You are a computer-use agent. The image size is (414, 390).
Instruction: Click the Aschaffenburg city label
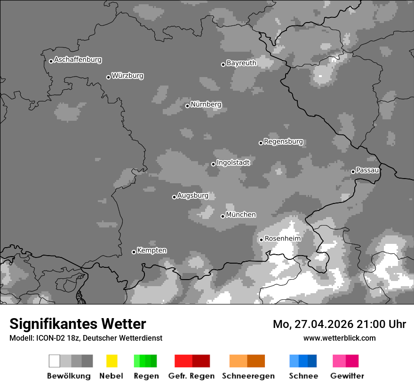[78, 60]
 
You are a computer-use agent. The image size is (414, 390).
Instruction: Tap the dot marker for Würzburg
[108, 77]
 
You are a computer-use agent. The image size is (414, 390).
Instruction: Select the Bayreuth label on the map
[241, 63]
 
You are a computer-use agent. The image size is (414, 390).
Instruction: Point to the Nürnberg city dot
[187, 106]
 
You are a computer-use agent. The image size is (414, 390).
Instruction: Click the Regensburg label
[283, 141]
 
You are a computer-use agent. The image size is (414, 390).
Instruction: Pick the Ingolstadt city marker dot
[213, 164]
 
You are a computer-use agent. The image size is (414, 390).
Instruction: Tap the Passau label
[367, 170]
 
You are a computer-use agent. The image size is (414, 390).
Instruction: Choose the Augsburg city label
[192, 195]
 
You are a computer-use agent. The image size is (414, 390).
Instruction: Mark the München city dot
[223, 216]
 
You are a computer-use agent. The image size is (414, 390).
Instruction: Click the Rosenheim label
[282, 238]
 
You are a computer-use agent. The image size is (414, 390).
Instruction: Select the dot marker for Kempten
[134, 252]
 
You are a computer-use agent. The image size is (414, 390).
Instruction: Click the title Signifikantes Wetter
[78, 324]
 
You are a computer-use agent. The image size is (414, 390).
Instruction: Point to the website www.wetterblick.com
[339, 338]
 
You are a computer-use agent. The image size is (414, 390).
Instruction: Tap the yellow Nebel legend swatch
[111, 361]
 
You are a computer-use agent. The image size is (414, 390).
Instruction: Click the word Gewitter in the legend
[347, 376]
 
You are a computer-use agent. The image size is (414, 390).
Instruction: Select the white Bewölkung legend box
[54, 361]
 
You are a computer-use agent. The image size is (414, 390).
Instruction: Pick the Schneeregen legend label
[248, 376]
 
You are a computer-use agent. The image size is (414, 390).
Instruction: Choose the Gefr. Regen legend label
[192, 376]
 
